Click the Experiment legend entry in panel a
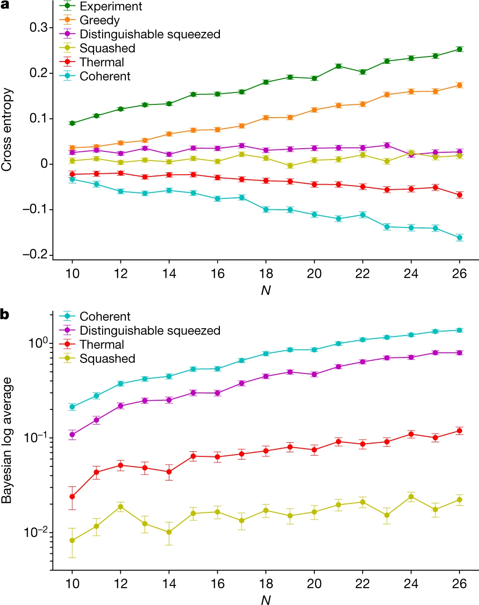click(x=101, y=6)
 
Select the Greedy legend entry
click(x=89, y=20)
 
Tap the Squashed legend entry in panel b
click(x=97, y=359)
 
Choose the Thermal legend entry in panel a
click(x=92, y=62)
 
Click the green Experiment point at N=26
click(x=459, y=49)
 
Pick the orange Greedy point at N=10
click(x=72, y=148)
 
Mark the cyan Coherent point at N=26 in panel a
click(x=459, y=238)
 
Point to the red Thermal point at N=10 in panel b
click(x=72, y=496)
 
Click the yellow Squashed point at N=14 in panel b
click(x=169, y=532)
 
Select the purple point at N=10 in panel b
click(x=72, y=434)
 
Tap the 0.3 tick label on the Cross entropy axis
click(x=38, y=27)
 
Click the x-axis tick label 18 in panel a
click(x=266, y=274)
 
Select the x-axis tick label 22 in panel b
click(x=363, y=584)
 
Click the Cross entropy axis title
click(x=6, y=129)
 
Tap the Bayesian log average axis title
click(x=6, y=440)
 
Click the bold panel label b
click(x=5, y=314)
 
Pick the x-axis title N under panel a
click(x=266, y=290)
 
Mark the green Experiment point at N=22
click(x=363, y=72)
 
